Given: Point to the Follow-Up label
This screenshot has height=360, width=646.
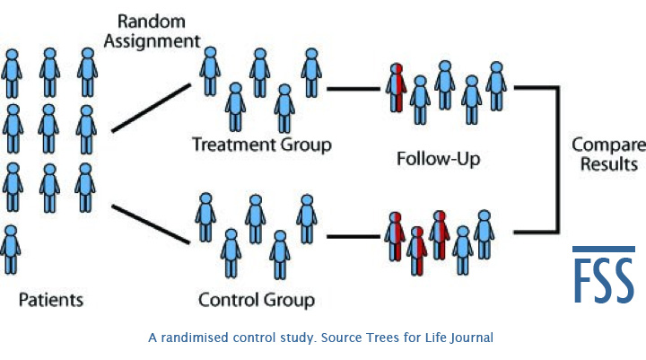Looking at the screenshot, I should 439,161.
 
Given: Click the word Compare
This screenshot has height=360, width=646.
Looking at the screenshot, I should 609,145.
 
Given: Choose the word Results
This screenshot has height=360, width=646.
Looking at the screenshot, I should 609,164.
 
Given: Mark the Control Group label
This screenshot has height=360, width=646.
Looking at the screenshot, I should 256,298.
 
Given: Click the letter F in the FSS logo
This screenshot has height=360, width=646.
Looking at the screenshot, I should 583,280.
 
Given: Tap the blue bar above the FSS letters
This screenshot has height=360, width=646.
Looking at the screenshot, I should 604,249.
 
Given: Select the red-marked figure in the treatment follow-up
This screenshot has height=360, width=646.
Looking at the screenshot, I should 397,88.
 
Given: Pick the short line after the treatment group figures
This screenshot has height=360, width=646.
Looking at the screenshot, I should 352,89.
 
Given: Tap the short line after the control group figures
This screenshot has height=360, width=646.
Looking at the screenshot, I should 352,237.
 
